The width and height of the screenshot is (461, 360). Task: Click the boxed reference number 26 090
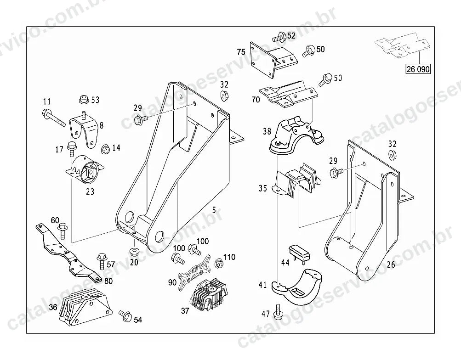point(418,69)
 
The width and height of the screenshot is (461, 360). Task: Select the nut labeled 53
point(84,99)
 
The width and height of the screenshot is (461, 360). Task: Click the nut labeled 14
point(106,149)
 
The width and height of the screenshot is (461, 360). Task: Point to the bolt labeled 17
point(71,149)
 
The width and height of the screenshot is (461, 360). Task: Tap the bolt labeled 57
point(101,261)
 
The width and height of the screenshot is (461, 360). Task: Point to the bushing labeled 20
point(134,252)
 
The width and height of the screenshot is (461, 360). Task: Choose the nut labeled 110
point(218,263)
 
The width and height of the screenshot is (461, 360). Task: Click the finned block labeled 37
point(209,295)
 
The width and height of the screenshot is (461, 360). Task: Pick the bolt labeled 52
point(279,37)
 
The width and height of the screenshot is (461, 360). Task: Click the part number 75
point(241,52)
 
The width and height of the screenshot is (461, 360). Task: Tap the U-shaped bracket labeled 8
point(84,130)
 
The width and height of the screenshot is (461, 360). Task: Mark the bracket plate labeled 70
point(289,95)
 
